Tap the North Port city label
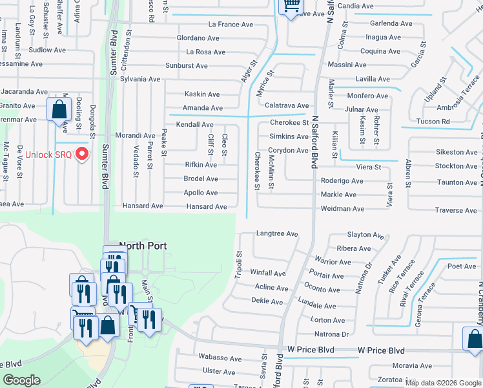click(143, 246)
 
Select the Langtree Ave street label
click(277, 233)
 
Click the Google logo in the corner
click(22, 380)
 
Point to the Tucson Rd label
click(433, 122)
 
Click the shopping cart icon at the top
click(290, 6)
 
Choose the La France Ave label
click(231, 25)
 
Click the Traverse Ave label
click(456, 210)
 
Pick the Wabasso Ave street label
click(220, 358)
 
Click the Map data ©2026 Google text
click(442, 383)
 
